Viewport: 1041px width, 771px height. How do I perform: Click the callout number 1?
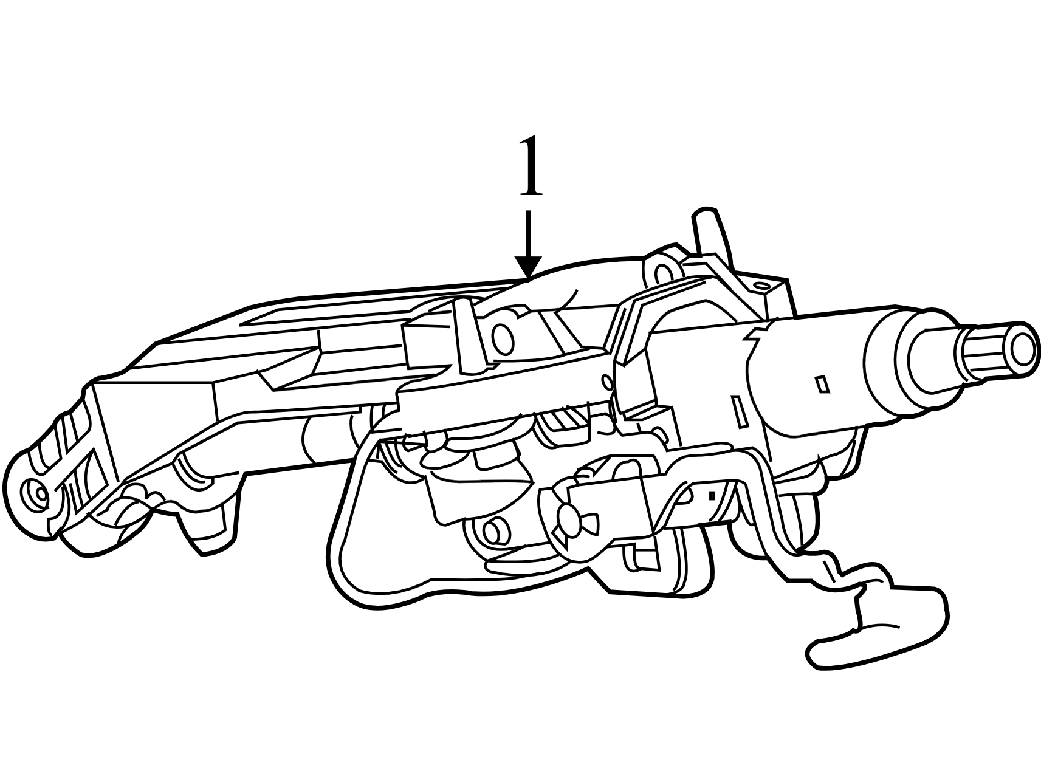coord(531,166)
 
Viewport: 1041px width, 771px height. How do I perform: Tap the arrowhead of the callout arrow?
coord(528,267)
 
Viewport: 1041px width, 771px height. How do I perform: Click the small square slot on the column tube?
coord(822,385)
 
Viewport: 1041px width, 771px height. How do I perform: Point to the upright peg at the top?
coord(709,234)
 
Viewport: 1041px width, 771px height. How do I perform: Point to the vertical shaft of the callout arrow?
coord(528,234)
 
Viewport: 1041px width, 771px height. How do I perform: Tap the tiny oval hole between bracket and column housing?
coord(606,382)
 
